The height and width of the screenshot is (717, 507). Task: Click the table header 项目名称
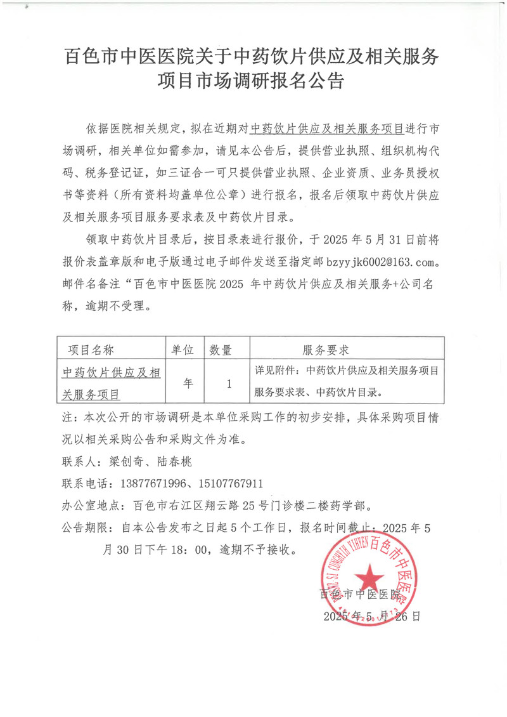(91, 350)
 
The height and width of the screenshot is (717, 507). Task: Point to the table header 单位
(183, 350)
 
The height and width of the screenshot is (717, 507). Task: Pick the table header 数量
(221, 350)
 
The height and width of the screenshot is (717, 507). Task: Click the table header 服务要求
(326, 350)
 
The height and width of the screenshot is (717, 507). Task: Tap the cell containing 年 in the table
(188, 383)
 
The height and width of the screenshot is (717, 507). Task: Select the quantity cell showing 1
(228, 383)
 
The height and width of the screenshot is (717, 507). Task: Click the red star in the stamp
(368, 578)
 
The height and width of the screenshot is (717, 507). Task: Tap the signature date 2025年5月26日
(371, 616)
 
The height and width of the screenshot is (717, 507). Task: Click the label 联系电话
(85, 484)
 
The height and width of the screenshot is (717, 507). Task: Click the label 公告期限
(85, 527)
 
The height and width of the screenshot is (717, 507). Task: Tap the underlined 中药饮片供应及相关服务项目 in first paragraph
(327, 129)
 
